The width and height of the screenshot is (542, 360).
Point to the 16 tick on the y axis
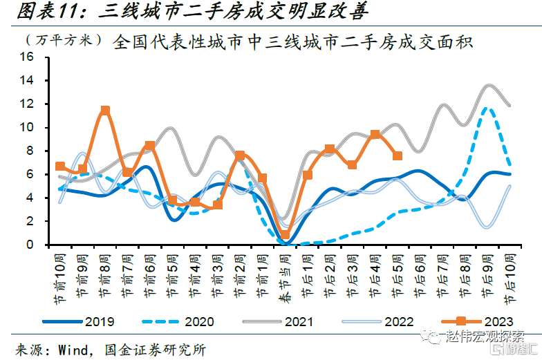[27, 57]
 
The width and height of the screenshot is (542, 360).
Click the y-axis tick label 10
[27, 127]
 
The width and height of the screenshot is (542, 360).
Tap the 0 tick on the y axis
[30, 245]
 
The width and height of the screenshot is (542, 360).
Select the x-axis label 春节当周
[285, 275]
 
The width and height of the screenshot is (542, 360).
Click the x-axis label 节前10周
[60, 275]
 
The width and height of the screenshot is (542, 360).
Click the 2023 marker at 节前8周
[105, 111]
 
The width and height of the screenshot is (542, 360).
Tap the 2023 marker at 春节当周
[285, 235]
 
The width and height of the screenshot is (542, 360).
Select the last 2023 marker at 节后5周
[397, 155]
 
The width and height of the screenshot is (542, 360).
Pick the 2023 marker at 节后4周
[375, 135]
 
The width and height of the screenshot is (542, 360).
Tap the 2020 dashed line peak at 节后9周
[487, 108]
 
